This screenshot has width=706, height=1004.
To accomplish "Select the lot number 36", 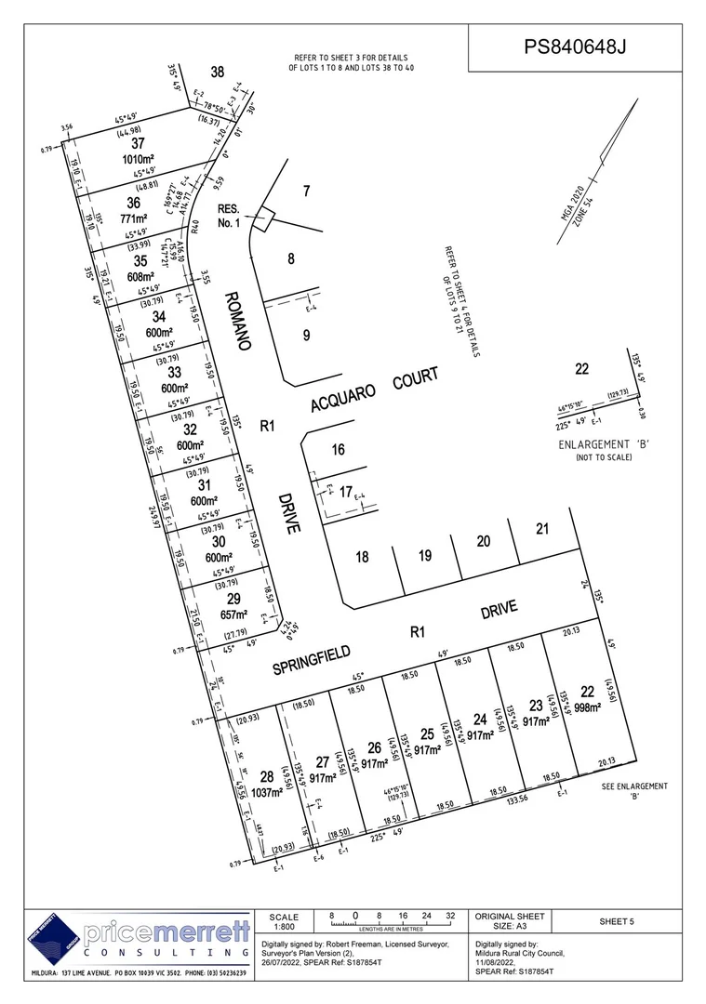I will tap(133, 203).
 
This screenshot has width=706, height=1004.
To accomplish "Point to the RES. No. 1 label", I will tap(229, 216).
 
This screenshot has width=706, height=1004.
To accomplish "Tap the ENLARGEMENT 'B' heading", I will tap(603, 445).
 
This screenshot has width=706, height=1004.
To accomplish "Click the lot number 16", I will tap(338, 450).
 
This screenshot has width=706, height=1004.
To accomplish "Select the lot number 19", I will tap(425, 556).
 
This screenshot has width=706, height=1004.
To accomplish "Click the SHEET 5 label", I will tap(616, 921).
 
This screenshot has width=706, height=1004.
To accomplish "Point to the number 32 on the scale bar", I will tap(450, 915).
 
